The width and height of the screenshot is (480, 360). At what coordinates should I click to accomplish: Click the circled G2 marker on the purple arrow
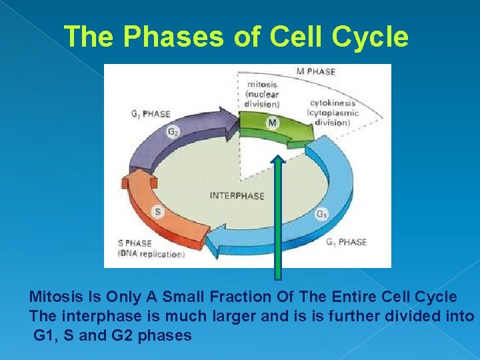coord(173,132)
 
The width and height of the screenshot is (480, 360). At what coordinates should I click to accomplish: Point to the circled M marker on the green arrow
coord(272,123)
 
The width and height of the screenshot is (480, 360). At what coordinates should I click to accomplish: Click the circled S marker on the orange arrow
coord(158,213)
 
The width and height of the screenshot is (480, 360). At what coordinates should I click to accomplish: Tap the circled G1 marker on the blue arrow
coord(321,214)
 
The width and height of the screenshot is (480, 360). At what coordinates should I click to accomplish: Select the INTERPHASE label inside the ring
coord(237,196)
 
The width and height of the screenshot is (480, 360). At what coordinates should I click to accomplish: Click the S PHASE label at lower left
coord(135,243)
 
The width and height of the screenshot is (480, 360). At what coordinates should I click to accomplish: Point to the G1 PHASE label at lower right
coord(346,242)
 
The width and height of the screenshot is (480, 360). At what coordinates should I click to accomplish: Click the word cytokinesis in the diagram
coord(333,103)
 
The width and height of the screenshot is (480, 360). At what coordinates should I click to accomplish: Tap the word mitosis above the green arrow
coord(262,85)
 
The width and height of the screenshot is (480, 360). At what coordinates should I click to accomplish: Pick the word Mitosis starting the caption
coord(53,297)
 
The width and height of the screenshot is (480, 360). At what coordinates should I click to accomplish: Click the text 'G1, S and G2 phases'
coord(113,335)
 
